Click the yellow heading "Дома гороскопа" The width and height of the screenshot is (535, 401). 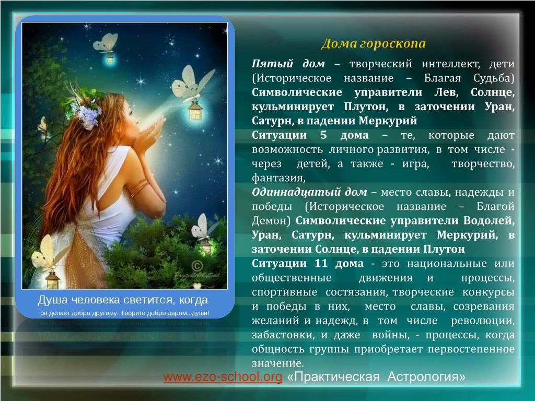(x=373, y=44)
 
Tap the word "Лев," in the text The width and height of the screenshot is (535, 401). (x=446, y=92)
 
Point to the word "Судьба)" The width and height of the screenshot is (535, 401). (x=494, y=78)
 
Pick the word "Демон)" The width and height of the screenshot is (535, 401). (x=271, y=221)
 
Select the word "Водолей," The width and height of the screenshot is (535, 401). (x=489, y=221)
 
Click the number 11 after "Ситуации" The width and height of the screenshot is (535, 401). (x=321, y=263)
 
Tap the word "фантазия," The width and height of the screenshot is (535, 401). (x=278, y=178)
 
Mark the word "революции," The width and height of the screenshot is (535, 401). (x=482, y=321)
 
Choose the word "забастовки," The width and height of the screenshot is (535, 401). (x=283, y=335)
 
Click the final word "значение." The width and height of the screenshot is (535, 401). (x=278, y=363)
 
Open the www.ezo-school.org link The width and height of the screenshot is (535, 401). (x=223, y=377)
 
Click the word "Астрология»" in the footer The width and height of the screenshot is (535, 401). (x=426, y=377)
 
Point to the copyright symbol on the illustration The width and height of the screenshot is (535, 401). (x=197, y=266)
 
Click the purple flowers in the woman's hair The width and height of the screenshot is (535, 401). (x=87, y=114)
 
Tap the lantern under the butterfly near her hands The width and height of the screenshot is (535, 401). (x=195, y=110)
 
